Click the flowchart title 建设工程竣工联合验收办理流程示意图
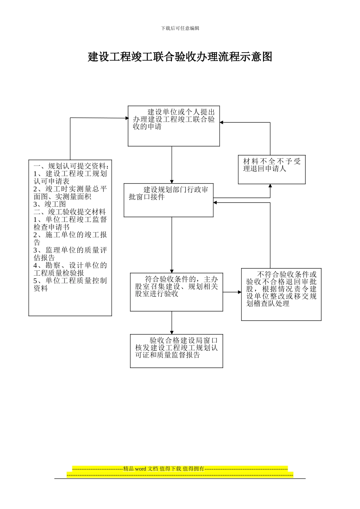(180, 57)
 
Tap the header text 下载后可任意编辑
(180, 28)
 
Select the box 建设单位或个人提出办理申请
(174, 126)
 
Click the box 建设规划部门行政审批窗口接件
(168, 200)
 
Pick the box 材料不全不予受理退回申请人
(272, 169)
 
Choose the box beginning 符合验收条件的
(176, 292)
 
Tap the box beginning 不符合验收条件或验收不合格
(281, 294)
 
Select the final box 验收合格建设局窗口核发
(176, 351)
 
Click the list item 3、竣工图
(50, 204)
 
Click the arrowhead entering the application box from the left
(127, 118)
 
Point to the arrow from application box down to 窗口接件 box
(172, 165)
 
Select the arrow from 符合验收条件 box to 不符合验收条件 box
(232, 292)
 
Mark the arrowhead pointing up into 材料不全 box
(270, 186)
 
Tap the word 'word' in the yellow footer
(140, 469)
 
